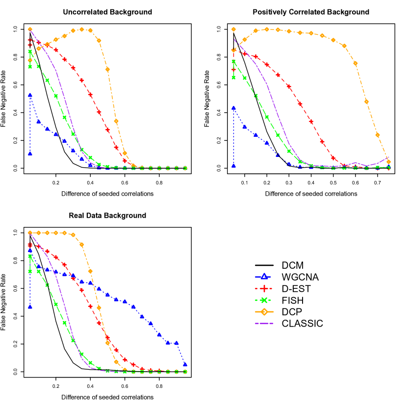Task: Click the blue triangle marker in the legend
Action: coord(264,277)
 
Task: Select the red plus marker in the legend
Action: coord(264,288)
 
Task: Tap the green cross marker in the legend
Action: coord(264,300)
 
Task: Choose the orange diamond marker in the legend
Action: coord(264,312)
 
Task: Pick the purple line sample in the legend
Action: coord(264,324)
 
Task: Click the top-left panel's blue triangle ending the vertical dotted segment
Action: coord(30,153)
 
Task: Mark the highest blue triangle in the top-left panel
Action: coord(30,95)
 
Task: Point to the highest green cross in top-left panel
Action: coord(30,51)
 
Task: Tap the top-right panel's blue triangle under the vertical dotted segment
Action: coord(233,165)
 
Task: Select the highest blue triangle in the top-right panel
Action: coord(233,108)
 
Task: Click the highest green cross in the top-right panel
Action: coord(233,61)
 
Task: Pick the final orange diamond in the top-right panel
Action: coord(388,162)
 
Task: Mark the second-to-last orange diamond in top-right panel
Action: coord(378,135)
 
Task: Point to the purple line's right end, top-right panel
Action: coord(388,157)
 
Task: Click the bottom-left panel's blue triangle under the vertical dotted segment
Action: coord(30,306)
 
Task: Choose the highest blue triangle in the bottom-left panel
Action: coord(30,250)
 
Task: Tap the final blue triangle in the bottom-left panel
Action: coord(185,364)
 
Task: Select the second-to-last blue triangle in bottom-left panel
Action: coord(176,343)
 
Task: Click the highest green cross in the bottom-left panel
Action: coord(30,256)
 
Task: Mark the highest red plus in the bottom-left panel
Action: coord(30,244)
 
